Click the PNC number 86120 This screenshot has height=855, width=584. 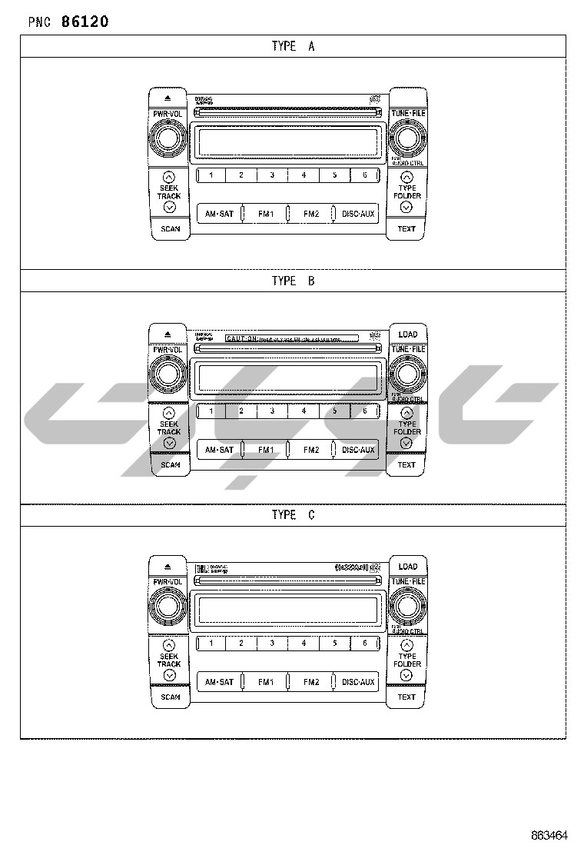click(85, 22)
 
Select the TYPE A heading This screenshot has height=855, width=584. click(293, 46)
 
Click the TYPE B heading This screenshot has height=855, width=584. click(293, 281)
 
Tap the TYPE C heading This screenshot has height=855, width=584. click(293, 514)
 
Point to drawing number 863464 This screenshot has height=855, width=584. click(549, 835)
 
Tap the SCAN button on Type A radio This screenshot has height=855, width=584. click(170, 228)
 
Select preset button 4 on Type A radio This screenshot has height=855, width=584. click(304, 175)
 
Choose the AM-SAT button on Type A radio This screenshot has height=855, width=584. click(219, 214)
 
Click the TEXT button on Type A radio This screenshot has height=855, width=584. click(406, 228)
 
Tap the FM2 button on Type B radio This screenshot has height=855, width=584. click(311, 450)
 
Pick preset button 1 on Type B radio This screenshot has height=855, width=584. click(211, 411)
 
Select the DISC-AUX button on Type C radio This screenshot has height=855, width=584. click(358, 682)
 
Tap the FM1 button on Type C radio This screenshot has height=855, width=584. click(266, 682)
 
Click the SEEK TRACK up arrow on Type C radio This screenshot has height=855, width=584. click(169, 645)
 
